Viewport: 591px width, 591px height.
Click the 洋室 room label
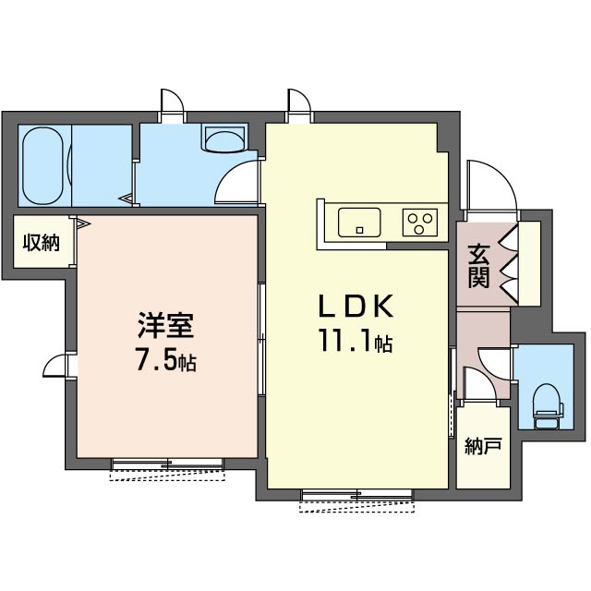[x=166, y=325]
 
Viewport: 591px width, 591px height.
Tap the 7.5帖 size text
[x=166, y=362]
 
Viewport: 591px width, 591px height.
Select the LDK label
[x=356, y=306]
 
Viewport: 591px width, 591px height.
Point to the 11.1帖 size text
[x=356, y=341]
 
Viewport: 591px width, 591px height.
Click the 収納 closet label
[x=42, y=242]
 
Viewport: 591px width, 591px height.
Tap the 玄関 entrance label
[x=478, y=266]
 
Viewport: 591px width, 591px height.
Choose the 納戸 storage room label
[x=483, y=446]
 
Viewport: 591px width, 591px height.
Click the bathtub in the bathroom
[x=42, y=166]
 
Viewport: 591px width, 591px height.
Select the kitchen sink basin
[x=359, y=223]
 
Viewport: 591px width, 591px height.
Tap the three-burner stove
[x=420, y=223]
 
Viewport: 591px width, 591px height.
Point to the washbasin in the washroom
[x=224, y=139]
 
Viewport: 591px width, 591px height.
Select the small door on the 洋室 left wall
[x=55, y=365]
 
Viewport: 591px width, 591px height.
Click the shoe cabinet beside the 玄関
[x=529, y=263]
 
